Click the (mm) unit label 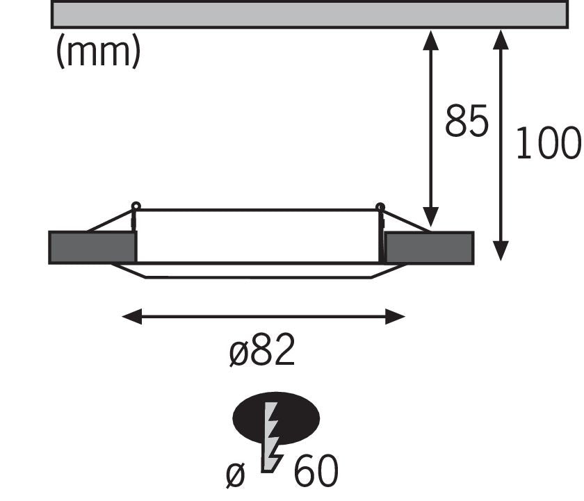[x=98, y=51]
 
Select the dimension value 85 [x=467, y=121]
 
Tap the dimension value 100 [x=549, y=143]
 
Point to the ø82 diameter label [x=262, y=350]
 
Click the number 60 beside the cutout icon [x=316, y=470]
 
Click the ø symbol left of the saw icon [x=236, y=475]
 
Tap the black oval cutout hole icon [x=276, y=418]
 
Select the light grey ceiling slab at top [x=309, y=15]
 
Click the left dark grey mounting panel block [x=92, y=247]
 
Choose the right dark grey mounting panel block [x=430, y=248]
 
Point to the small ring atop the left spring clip [x=136, y=206]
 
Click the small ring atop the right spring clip [x=380, y=206]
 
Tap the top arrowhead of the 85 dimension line [x=431, y=40]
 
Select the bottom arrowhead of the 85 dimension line [x=431, y=217]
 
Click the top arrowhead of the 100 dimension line [x=501, y=40]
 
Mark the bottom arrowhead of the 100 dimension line [x=501, y=251]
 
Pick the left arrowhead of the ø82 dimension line [x=132, y=316]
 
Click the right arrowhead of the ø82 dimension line [x=395, y=317]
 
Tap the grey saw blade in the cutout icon [x=272, y=437]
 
